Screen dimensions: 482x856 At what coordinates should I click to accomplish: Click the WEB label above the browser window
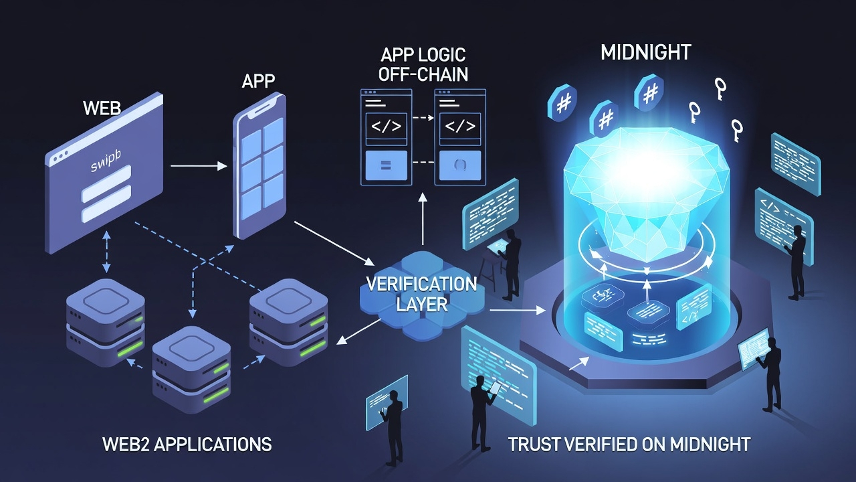tap(102, 108)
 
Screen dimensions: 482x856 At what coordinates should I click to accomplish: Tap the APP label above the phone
tap(258, 82)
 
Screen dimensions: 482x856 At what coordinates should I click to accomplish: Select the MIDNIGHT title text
tap(645, 52)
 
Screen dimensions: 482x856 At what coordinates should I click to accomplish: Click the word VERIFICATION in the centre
tap(421, 283)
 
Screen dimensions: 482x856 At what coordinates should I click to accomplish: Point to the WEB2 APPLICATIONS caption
tap(187, 444)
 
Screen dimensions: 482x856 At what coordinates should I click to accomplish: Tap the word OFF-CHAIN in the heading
tap(423, 74)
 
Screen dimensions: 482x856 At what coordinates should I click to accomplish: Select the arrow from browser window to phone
tap(199, 165)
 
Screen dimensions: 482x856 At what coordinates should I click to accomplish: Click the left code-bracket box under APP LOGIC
tap(386, 127)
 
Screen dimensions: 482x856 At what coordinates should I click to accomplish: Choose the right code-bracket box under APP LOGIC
tap(460, 127)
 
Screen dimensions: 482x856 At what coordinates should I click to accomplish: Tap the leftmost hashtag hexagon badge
tap(562, 102)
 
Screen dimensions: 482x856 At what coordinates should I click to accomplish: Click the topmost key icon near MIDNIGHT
tap(720, 87)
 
